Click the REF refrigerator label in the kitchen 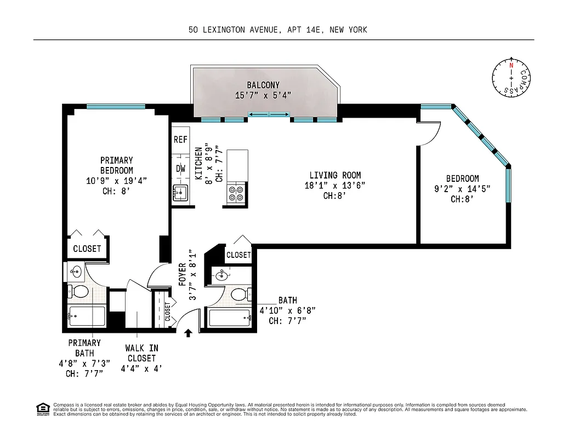click(180, 140)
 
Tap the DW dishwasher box click(180, 169)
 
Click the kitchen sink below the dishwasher click(180, 193)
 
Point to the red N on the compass click(511, 65)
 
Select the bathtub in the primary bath click(87, 316)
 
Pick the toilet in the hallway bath click(238, 295)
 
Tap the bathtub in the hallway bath click(230, 318)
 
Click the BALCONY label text click(263, 85)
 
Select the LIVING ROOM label click(335, 175)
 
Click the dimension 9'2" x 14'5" click(462, 189)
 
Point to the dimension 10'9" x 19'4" click(116, 181)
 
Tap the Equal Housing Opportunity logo click(41, 408)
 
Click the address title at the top click(277, 30)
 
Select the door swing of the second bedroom click(431, 135)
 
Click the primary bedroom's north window click(116, 107)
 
